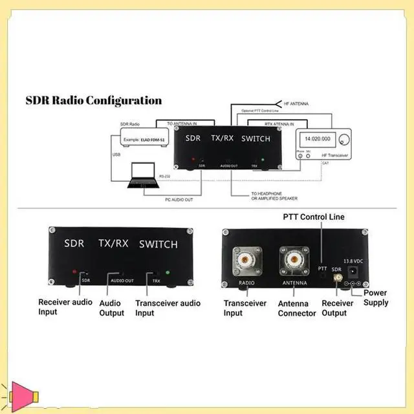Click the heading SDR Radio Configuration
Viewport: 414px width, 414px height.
coord(93,101)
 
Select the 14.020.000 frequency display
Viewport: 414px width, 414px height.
coord(317,139)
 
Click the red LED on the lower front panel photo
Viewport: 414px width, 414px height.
coord(75,272)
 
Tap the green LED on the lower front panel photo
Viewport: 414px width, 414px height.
coord(168,272)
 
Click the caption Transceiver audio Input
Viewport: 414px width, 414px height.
coord(168,308)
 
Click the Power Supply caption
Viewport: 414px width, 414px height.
coord(375,298)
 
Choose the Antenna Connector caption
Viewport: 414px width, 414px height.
coord(297,308)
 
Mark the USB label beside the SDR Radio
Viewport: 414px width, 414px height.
coord(116,155)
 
